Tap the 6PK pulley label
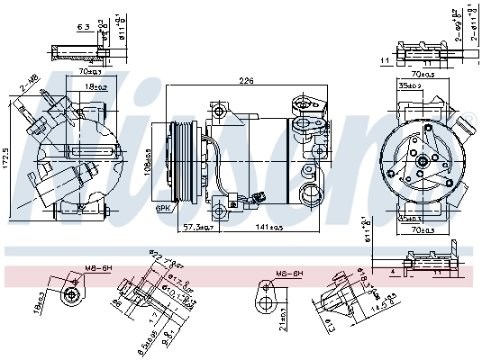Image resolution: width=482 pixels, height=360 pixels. (163, 208)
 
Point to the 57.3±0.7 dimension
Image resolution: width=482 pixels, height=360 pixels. (194, 227)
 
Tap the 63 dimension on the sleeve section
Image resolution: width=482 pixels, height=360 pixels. (83, 29)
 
